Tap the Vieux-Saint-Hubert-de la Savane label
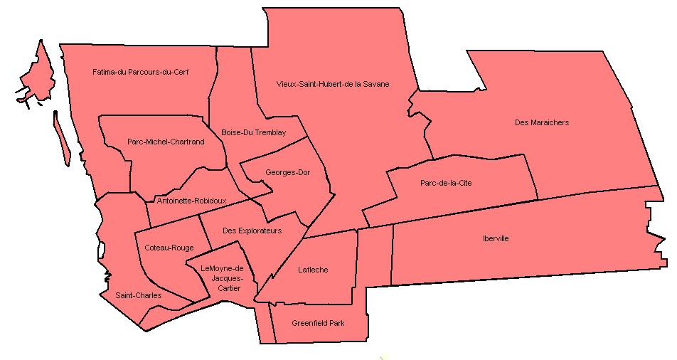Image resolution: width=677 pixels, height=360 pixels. (333, 84)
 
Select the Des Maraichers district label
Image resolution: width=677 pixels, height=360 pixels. (541, 122)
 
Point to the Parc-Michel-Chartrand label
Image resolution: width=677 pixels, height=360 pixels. (166, 142)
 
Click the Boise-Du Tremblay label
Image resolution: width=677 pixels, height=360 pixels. (253, 132)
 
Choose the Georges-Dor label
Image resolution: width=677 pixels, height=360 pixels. (287, 172)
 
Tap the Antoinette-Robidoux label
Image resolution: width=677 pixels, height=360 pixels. (191, 201)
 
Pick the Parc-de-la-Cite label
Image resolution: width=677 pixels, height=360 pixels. (446, 183)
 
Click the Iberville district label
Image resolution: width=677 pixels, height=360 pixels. (495, 238)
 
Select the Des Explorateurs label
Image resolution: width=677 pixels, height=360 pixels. (252, 231)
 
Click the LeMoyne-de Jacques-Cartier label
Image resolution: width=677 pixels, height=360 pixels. (222, 278)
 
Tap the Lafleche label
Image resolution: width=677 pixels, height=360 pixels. (313, 270)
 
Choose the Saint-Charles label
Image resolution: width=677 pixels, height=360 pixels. (138, 295)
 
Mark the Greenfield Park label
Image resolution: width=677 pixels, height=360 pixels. (318, 323)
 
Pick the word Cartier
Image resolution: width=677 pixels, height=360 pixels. (229, 288)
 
